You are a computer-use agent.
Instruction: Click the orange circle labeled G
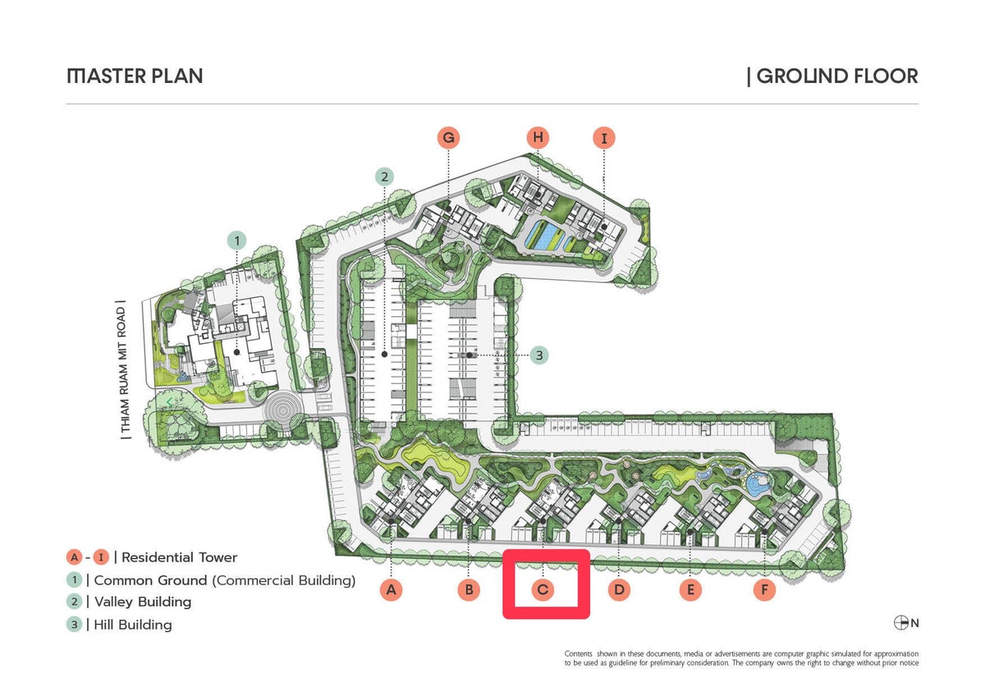click(x=448, y=138)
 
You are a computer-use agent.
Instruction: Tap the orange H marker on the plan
click(x=538, y=137)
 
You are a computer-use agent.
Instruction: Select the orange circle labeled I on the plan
click(x=604, y=138)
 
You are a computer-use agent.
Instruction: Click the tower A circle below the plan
click(x=391, y=589)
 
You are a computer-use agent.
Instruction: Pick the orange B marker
click(x=469, y=589)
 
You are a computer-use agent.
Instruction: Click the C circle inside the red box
click(x=543, y=589)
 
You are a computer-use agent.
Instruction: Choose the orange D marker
click(x=619, y=589)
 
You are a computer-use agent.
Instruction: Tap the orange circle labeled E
click(x=690, y=589)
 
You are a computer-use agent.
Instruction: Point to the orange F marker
click(x=764, y=589)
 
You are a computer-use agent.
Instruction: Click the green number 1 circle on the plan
click(x=237, y=240)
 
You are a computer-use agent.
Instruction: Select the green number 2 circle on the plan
click(x=384, y=176)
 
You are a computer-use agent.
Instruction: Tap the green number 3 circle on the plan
click(x=538, y=355)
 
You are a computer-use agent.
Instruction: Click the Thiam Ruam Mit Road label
click(x=122, y=369)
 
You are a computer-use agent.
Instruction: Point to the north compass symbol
click(x=901, y=623)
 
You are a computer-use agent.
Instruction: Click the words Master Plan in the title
click(x=135, y=76)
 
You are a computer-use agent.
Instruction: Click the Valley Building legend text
click(x=143, y=602)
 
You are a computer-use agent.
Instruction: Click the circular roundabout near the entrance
click(x=282, y=411)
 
